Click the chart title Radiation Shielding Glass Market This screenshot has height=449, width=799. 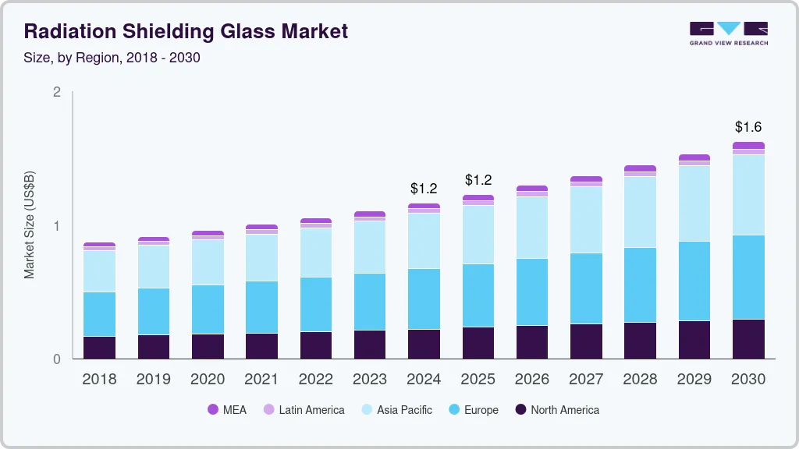coord(186,31)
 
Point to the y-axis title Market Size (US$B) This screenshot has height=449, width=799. coord(30,224)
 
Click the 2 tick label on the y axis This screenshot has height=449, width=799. coord(56,92)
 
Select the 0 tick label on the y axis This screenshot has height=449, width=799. coord(56,359)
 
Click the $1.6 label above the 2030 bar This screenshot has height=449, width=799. coord(748,126)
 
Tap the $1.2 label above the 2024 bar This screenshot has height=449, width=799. coord(424,188)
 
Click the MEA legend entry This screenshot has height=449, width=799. coord(226,409)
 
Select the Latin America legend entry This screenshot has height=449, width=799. coord(304,409)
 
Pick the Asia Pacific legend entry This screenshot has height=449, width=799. coord(396,409)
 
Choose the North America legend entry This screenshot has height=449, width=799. coord(557,409)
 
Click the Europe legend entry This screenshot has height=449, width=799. coord(472,409)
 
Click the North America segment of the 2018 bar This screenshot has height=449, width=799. coord(99,348)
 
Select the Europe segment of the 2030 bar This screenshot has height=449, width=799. coord(748,277)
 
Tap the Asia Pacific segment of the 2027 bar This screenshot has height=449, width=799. coord(586,220)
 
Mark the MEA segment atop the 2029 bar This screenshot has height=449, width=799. coord(694,157)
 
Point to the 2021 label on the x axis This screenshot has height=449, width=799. coord(261,379)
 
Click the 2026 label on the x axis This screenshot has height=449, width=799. coord(532,379)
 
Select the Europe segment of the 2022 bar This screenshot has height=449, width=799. coord(316,304)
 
